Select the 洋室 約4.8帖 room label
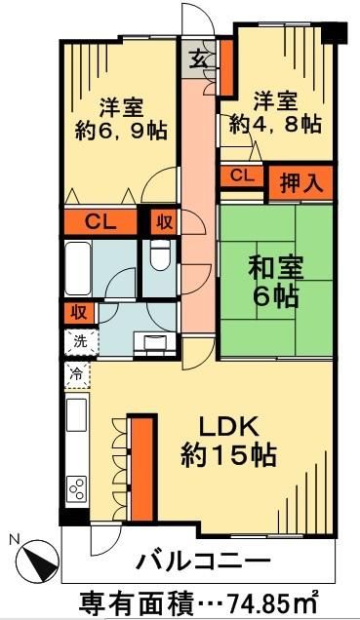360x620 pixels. [x=274, y=112]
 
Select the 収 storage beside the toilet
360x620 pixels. [x=162, y=221]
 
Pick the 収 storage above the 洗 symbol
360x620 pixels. [x=76, y=313]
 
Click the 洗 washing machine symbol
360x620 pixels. [x=77, y=341]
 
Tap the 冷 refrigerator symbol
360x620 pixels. [x=75, y=373]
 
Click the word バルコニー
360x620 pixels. [x=202, y=562]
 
